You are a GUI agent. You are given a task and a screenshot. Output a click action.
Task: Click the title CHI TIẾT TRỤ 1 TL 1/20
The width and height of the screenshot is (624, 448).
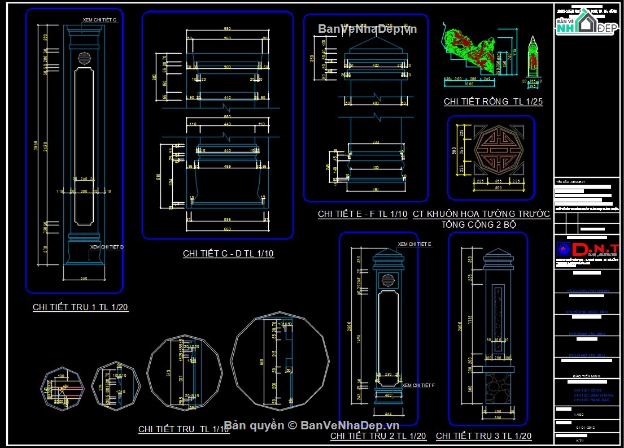(x=80, y=307)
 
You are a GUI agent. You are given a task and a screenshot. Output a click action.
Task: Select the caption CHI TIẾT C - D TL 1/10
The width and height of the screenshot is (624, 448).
(x=228, y=254)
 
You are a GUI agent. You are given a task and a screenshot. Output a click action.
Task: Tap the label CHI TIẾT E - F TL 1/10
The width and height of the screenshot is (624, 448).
(x=363, y=214)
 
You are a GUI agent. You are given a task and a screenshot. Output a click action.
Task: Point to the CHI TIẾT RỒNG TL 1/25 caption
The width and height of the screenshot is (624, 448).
(x=493, y=102)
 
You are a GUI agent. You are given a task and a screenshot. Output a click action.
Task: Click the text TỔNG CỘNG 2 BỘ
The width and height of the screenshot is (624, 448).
(x=482, y=224)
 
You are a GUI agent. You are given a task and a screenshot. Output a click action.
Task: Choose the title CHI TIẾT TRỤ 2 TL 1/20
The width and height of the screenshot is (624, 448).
(x=378, y=436)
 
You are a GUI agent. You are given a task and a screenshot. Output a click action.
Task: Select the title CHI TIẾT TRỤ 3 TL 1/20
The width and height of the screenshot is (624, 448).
(x=483, y=436)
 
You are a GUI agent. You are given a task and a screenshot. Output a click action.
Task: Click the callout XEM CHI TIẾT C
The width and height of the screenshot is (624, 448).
(x=99, y=20)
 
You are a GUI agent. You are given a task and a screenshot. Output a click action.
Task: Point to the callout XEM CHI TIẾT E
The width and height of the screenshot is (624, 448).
(x=414, y=244)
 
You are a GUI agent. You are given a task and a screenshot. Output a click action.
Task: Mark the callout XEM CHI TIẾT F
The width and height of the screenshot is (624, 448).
(x=418, y=385)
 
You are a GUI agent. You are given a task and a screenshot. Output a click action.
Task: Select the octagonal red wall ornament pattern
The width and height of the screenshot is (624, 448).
(x=491, y=158)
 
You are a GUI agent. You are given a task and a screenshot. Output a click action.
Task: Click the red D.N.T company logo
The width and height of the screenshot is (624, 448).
(x=587, y=249)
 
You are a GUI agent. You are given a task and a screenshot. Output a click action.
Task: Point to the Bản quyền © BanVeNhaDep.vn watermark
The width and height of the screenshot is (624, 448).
(x=312, y=425)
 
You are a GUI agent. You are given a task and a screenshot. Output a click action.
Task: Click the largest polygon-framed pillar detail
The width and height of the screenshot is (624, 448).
(x=280, y=361)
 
